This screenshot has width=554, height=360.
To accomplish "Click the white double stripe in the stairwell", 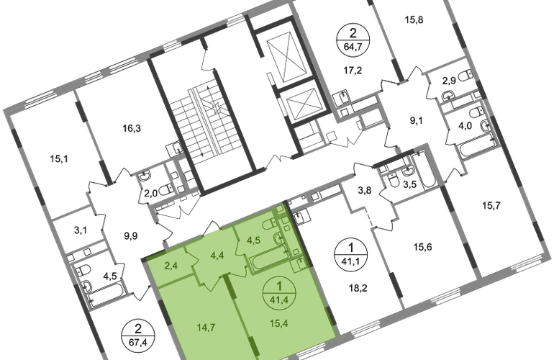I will coord(203,117).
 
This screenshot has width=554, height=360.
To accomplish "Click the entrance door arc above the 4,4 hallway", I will coord(213,229).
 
